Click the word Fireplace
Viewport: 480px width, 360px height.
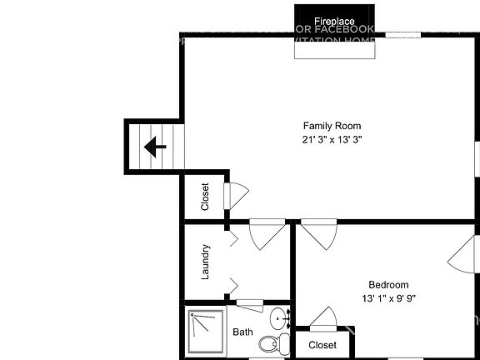334,20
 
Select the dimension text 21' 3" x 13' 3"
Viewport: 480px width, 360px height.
332,140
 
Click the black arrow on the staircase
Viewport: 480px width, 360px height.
155,147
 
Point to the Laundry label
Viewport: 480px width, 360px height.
205,261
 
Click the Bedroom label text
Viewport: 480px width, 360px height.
388,284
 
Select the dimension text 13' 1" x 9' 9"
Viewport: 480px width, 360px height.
388,298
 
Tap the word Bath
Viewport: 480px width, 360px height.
242,332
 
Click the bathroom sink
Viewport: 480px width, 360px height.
280,318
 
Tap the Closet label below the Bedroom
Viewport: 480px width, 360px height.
322,345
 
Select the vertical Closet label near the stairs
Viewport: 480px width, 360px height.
205,197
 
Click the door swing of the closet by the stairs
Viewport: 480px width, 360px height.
237,195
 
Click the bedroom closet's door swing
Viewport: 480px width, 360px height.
324,319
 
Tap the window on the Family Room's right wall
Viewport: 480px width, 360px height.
477,159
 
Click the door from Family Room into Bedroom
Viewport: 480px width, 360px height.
319,232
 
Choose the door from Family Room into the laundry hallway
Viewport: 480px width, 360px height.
266,233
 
